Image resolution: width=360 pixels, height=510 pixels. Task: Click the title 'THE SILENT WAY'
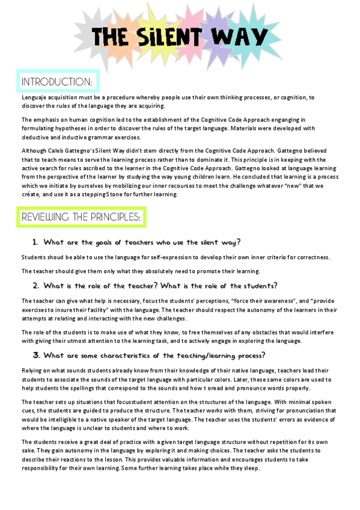(x=180, y=38)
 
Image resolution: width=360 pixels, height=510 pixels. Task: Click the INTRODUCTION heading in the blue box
(x=56, y=81)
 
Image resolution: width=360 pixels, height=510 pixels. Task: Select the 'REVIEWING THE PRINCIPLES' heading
(x=81, y=217)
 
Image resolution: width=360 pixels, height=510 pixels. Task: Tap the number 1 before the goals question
(x=35, y=242)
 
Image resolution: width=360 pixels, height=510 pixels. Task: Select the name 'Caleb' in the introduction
(x=61, y=149)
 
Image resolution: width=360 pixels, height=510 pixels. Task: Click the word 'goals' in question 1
(x=108, y=242)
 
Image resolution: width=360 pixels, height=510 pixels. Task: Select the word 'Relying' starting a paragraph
(x=32, y=370)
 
